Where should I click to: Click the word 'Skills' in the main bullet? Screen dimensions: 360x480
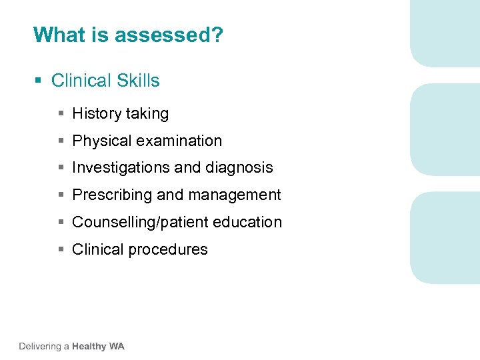click(139, 81)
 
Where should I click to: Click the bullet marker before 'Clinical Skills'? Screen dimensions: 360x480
click(38, 81)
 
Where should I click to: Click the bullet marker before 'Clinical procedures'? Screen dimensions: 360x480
click(61, 250)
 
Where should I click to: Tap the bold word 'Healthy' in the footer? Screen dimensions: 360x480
click(89, 346)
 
